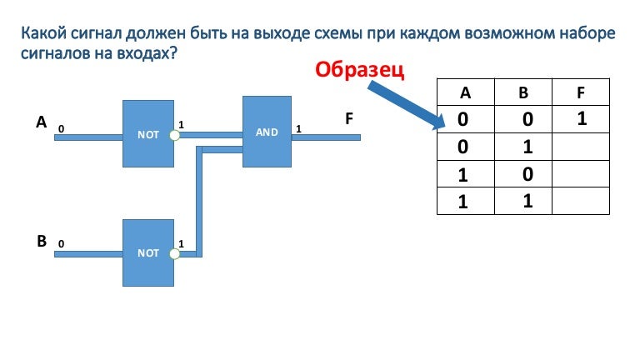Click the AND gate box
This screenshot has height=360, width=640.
click(267, 132)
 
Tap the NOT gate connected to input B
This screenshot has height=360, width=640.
click(148, 252)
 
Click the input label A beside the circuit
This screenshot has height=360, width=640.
click(41, 122)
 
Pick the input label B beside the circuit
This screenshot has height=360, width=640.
click(41, 242)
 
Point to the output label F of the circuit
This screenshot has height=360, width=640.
click(350, 119)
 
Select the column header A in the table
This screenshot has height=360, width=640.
click(465, 92)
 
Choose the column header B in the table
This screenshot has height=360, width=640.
click(523, 92)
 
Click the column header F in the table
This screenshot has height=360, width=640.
click(581, 92)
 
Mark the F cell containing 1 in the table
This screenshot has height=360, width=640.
click(582, 119)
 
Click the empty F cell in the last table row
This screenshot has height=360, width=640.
click(582, 201)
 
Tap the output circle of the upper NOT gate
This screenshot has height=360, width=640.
click(174, 134)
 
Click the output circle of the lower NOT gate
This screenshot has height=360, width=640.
click(174, 252)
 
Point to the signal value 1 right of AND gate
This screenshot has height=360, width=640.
click(298, 129)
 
